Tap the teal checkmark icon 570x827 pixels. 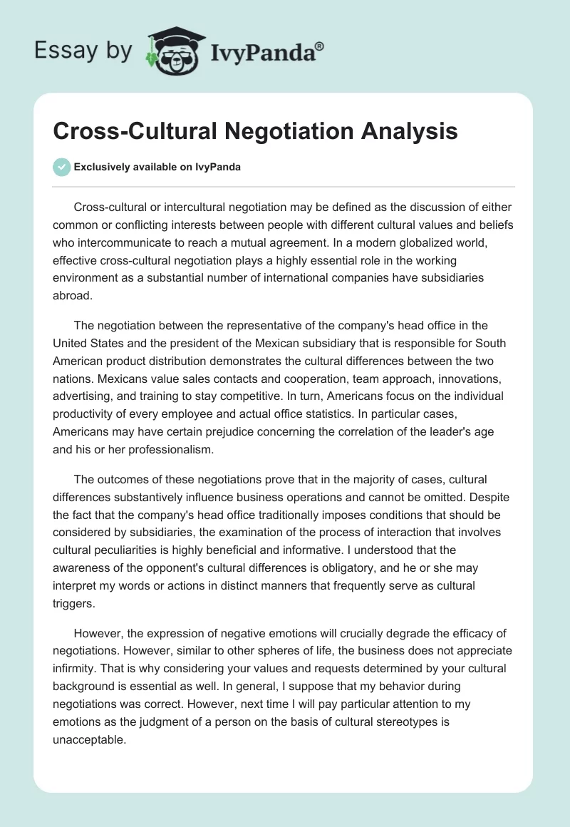pyautogui.click(x=61, y=167)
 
